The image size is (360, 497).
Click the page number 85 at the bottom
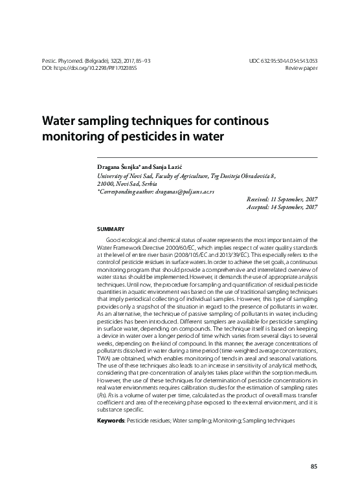click(x=313, y=467)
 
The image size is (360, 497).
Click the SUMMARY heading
click(x=109, y=229)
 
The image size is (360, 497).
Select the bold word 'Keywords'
click(x=110, y=420)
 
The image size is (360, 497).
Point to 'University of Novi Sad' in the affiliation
click(x=124, y=175)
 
